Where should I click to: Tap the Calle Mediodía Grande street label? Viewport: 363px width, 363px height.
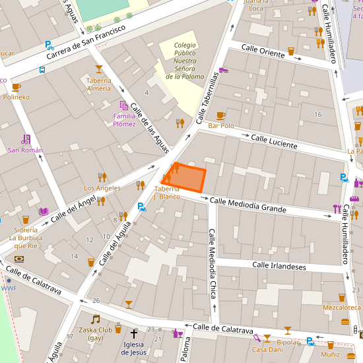247,205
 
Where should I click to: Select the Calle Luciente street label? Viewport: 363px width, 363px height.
274,141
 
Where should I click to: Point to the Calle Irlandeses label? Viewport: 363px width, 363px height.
279,266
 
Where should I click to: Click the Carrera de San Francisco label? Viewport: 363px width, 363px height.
86,42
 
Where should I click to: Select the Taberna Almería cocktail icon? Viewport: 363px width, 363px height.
99,69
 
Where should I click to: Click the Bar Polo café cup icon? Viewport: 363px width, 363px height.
220,115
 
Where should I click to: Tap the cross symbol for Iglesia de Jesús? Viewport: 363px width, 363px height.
134,335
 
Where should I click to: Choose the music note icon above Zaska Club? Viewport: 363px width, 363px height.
95,319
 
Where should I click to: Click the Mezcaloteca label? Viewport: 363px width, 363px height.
341,308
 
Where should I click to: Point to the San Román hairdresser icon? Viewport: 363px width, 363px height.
25,139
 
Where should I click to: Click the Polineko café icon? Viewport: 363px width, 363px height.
16,86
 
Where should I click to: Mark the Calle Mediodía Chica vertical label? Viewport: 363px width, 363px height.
213,263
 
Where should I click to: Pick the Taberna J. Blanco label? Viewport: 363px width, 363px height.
167,193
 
